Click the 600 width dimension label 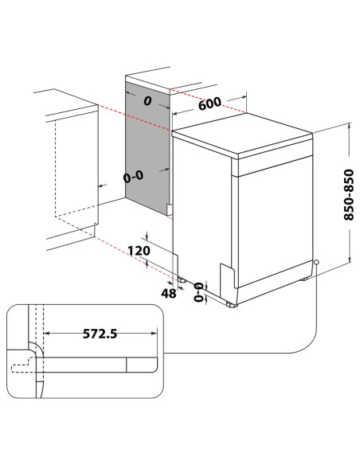(x=209, y=104)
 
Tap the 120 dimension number (x=139, y=251)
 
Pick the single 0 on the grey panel (x=147, y=102)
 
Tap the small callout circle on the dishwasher (x=317, y=262)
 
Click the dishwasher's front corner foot (x=231, y=304)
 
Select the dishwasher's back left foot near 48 (x=183, y=280)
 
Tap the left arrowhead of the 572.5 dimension (x=44, y=334)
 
